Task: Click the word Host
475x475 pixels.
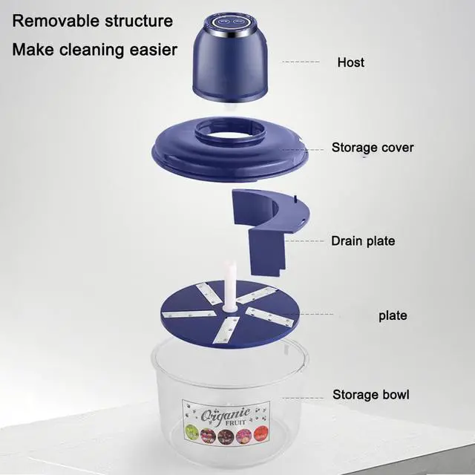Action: [x=350, y=62]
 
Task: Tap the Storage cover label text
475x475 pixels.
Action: [x=372, y=147]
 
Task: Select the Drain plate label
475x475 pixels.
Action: [x=362, y=240]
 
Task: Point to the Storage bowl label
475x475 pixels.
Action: [x=370, y=394]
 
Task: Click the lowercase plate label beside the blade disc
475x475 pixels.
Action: [x=392, y=315]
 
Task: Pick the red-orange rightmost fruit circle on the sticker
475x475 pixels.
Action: [x=261, y=435]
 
